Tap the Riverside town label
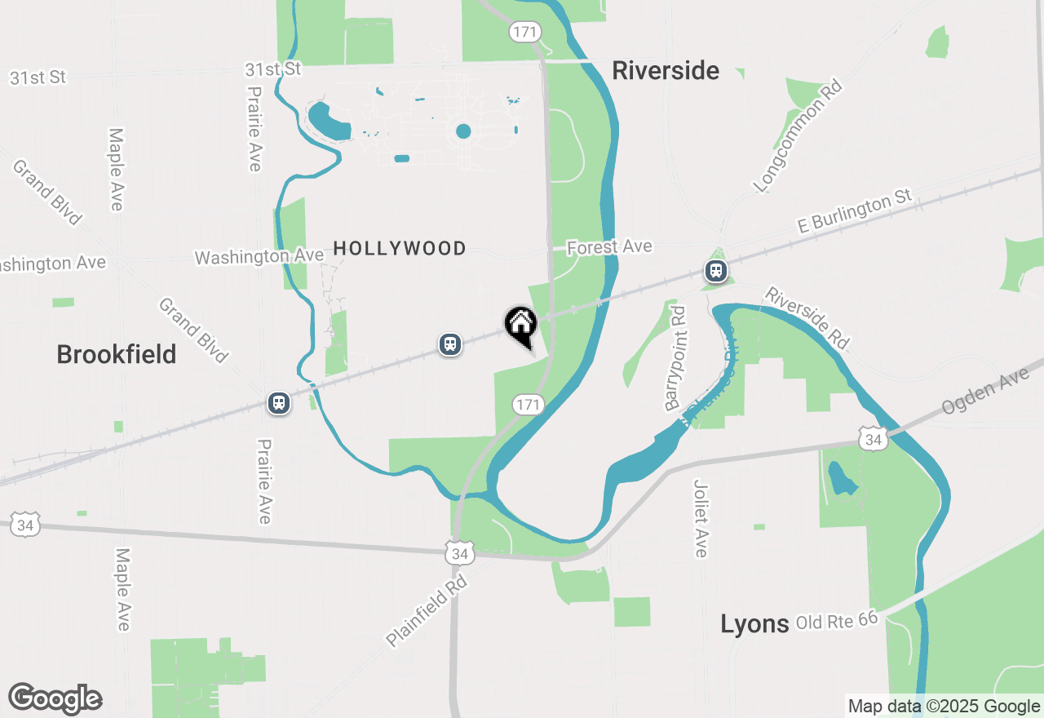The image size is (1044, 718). [x=666, y=71]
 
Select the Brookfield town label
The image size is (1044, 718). [x=117, y=354]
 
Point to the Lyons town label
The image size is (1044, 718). [x=754, y=624]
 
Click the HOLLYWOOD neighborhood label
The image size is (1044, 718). [x=400, y=248]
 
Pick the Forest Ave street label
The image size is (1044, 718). [x=609, y=246]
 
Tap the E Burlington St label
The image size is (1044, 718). [x=854, y=212]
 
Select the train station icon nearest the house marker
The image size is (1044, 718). [x=449, y=344]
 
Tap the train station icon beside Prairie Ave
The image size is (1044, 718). [x=279, y=403]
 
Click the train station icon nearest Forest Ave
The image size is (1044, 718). [x=716, y=271]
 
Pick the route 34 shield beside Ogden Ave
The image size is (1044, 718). [x=874, y=441]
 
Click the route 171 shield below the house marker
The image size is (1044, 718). [x=529, y=405]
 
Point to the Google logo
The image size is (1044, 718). [x=55, y=698]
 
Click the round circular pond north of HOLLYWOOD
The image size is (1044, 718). [x=463, y=131]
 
